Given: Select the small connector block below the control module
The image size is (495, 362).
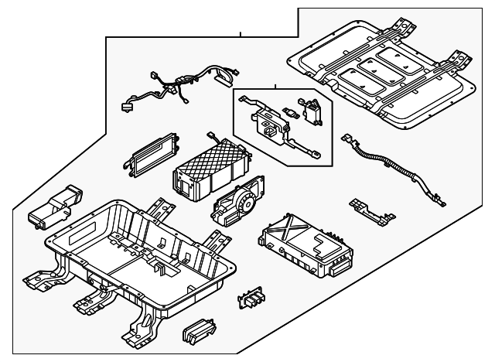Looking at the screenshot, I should (251, 299).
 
